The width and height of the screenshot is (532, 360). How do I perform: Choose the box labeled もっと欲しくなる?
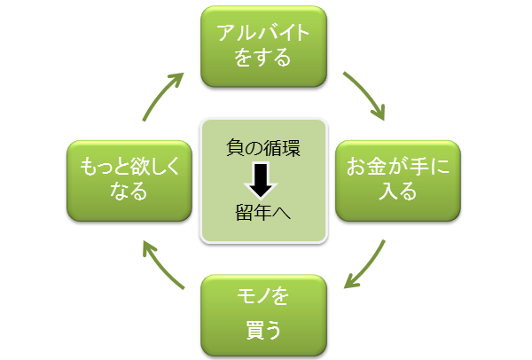coord(130,180)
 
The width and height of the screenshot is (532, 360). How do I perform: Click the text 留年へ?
coord(263,214)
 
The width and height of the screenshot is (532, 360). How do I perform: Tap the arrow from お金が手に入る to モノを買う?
coord(366,265)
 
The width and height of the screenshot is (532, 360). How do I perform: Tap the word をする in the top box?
coord(263,59)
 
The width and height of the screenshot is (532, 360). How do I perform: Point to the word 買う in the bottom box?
coord(263,332)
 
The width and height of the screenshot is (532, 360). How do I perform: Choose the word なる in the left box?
coord(129,192)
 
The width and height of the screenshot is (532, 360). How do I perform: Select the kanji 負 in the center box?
coord(237,147)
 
